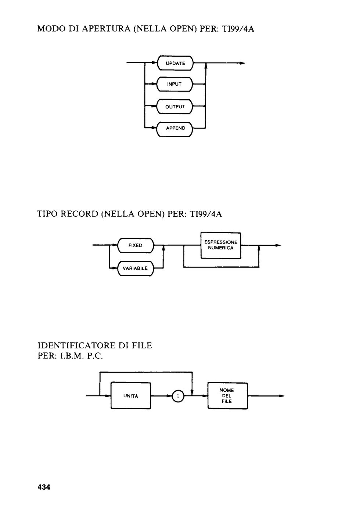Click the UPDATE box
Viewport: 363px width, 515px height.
[175, 63]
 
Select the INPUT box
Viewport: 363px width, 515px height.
[175, 84]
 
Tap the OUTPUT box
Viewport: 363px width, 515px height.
[175, 106]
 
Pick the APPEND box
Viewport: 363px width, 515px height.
[175, 128]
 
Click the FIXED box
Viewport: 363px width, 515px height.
[136, 246]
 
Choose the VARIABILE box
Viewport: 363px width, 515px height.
[136, 268]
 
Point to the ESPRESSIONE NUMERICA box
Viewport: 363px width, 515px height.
[221, 246]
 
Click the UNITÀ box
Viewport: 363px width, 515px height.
[131, 396]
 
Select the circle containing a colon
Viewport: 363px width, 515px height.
[178, 396]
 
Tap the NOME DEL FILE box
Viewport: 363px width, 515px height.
[227, 396]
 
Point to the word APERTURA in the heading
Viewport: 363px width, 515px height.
[106, 29]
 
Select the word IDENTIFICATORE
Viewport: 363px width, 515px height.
[77, 345]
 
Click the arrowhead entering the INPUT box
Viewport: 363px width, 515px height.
[153, 84]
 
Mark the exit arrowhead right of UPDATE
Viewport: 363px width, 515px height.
[242, 63]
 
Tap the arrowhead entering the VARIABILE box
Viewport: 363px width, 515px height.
[114, 268]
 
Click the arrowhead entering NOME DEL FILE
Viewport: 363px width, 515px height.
[205, 396]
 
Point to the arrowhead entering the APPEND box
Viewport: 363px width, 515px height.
[153, 128]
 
